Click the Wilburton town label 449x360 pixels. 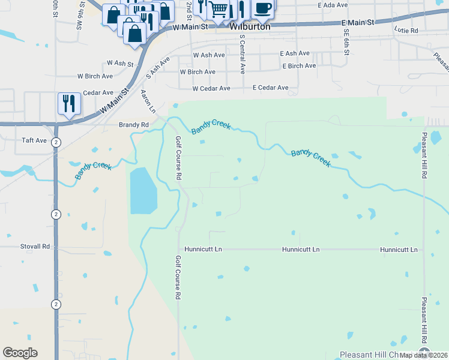tap(250, 26)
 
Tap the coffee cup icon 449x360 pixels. tap(262, 9)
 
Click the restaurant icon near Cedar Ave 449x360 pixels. tap(69, 103)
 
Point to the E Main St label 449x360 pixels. tap(357, 22)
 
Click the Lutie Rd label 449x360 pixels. tap(406, 29)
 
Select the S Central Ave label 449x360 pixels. tap(243, 53)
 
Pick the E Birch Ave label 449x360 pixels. tap(298, 66)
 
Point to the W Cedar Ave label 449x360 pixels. tap(211, 88)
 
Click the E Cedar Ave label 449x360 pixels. tap(270, 88)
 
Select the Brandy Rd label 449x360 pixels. tap(133, 125)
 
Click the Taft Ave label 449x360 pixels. tap(34, 140)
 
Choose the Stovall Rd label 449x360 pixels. tap(34, 246)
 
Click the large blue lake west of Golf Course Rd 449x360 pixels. tap(143, 191)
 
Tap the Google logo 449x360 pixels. tap(20, 353)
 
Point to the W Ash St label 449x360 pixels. tap(119, 62)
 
